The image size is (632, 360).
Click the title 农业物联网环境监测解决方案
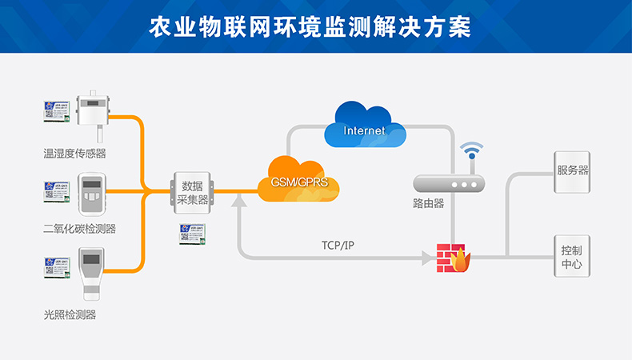(315, 26)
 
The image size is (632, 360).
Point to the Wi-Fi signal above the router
(471, 152)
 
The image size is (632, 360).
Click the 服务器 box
(573, 171)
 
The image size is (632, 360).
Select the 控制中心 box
(573, 256)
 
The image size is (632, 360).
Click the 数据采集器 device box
(192, 192)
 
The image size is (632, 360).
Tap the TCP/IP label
(338, 245)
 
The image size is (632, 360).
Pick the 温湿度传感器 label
(74, 152)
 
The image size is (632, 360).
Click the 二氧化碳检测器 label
(79, 229)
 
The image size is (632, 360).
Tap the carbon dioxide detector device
(93, 192)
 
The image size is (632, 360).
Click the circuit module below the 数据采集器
(192, 233)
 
